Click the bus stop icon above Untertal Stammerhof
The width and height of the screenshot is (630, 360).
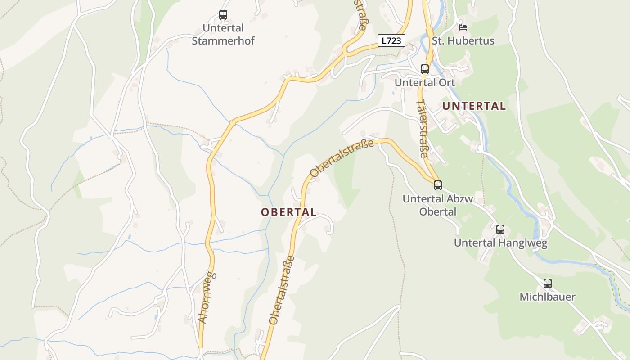[x=223, y=15]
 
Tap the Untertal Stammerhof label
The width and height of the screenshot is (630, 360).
[x=223, y=35]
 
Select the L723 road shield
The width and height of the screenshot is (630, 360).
[x=391, y=40]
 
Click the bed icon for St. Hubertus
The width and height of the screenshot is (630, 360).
[x=463, y=27]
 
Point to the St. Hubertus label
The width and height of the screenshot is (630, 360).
[x=463, y=41]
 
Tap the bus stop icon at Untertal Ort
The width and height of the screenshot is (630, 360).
[x=425, y=69]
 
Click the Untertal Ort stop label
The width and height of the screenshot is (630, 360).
[x=425, y=83]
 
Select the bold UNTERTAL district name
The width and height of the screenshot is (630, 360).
[x=474, y=106]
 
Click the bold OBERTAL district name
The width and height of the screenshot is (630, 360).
[x=289, y=212]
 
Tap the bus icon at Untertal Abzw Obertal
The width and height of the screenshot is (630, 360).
[x=438, y=185]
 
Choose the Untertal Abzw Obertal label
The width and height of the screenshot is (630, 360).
[x=438, y=205]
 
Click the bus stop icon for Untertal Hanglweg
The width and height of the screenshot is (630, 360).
[x=500, y=229]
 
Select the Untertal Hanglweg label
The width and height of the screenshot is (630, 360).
[x=500, y=243]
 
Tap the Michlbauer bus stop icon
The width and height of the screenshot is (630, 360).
[x=547, y=283]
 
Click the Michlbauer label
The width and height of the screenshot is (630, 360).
[x=547, y=297]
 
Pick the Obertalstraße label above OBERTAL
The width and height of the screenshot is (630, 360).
[x=342, y=158]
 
